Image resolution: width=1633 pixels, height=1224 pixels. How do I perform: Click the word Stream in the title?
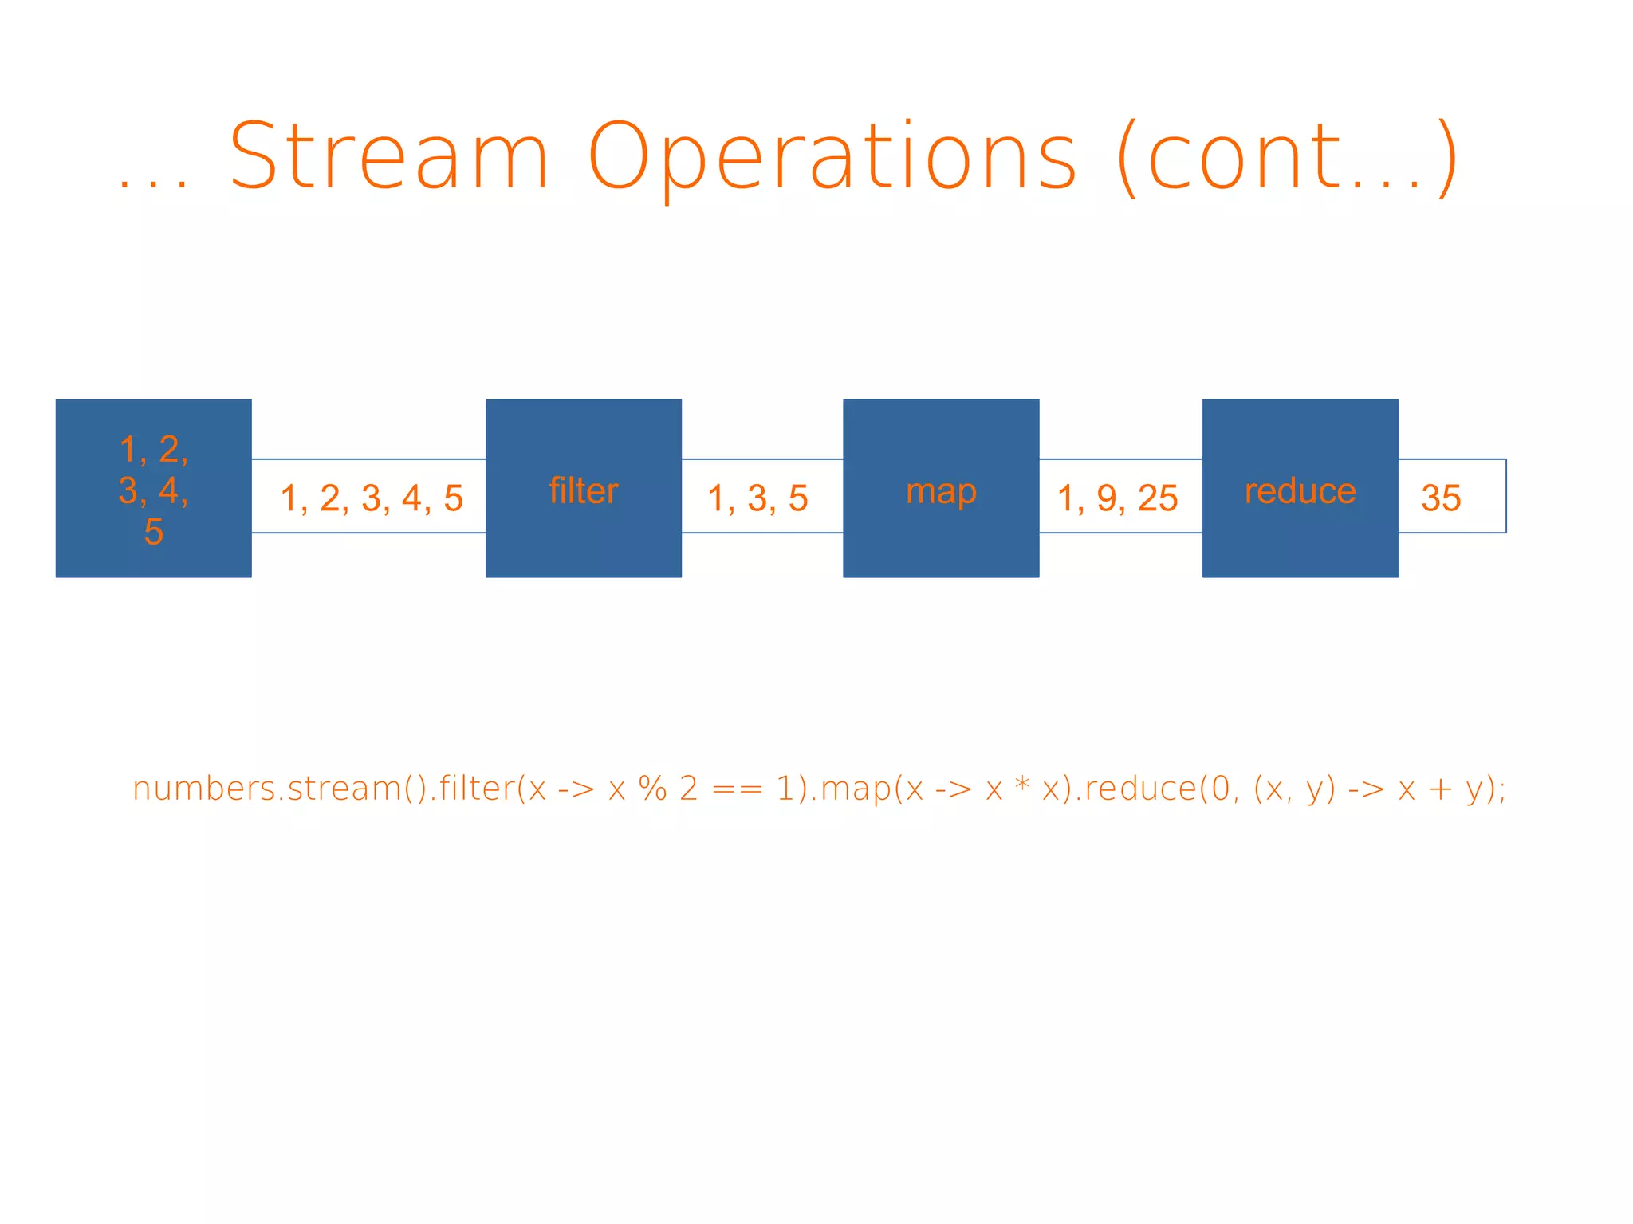388,156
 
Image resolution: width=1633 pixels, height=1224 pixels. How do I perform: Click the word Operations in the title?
832,158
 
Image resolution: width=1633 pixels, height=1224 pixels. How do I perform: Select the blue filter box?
583,488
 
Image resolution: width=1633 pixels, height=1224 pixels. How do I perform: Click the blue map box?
941,488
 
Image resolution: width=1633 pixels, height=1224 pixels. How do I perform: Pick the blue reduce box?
1300,488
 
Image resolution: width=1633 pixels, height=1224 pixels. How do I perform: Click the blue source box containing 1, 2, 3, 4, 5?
153,488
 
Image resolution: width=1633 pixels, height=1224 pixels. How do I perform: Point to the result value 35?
1440,498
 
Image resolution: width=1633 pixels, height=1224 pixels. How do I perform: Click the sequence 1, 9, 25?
1117,498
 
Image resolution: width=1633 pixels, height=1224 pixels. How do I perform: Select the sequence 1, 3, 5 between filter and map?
757,498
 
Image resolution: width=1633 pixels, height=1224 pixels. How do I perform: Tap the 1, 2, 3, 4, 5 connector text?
371,498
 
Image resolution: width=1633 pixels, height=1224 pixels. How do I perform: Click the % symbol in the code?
652,789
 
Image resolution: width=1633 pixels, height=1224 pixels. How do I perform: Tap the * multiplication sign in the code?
1021,785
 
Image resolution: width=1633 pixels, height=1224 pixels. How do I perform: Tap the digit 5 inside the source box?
153,532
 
